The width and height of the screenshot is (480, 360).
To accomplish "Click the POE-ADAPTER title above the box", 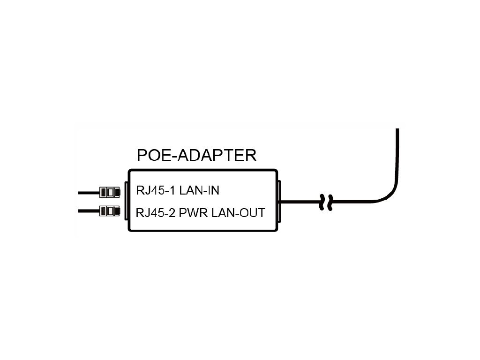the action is click(196, 155).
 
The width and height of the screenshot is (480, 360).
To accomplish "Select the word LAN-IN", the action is click(199, 191).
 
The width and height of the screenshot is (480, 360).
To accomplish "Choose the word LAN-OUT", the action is click(238, 213).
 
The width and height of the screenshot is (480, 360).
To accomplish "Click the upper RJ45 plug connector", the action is click(110, 192).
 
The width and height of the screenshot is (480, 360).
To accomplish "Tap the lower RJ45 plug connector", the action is click(110, 211).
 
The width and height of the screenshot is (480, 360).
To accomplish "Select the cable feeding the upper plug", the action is click(88, 193).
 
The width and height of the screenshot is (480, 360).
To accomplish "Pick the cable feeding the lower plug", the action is click(88, 211).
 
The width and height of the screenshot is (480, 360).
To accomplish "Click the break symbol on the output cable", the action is click(326, 202).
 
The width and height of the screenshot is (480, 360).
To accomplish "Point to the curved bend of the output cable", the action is click(390, 193).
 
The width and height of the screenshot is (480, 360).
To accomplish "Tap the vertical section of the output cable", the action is click(397, 155).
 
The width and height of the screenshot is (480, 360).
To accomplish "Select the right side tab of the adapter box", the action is click(279, 202).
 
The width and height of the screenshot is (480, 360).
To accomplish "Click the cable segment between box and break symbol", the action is click(300, 202).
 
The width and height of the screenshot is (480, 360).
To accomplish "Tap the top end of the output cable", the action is click(397, 130).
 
